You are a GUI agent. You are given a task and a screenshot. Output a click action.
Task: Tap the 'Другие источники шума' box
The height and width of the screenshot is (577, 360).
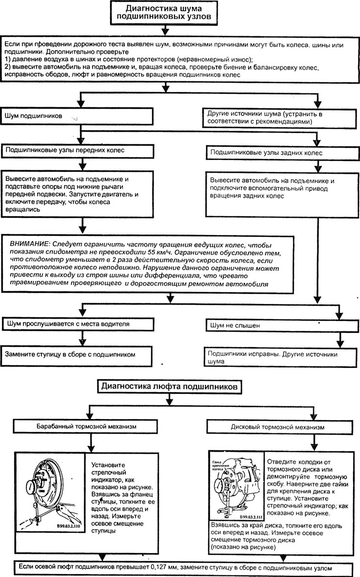(280, 117)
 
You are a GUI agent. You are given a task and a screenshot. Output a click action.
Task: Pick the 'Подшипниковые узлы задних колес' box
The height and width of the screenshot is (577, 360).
(282, 153)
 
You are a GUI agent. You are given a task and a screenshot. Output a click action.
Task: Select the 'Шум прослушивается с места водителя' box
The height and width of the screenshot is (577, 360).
(77, 324)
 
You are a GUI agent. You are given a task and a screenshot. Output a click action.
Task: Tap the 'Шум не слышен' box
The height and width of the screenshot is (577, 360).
(282, 325)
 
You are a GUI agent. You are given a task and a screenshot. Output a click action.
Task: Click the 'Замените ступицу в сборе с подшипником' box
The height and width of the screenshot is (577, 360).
(76, 355)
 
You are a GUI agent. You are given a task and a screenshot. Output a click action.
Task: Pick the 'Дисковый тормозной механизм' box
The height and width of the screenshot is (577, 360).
(278, 427)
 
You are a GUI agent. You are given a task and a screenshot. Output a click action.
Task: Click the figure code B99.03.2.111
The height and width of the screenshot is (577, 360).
(250, 516)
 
